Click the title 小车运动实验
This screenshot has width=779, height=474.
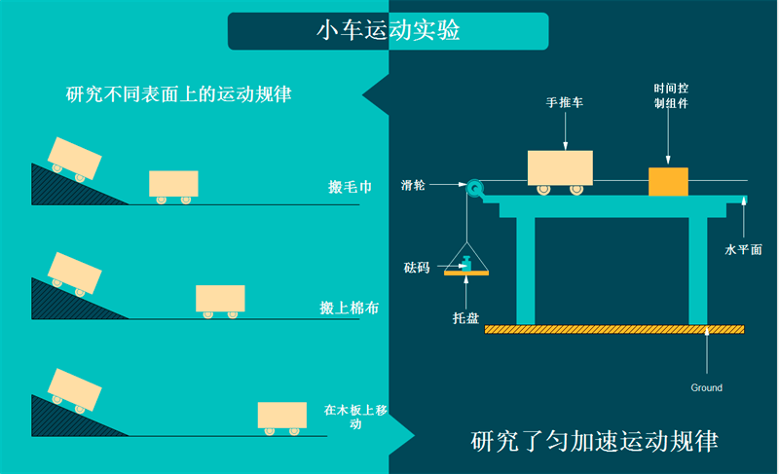[388, 30]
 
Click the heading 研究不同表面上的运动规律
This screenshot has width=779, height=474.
[179, 94]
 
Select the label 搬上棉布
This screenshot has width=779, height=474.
[350, 308]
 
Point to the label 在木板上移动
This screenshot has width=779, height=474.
[355, 417]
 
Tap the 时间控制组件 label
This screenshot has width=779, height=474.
[670, 96]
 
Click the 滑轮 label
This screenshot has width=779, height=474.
[413, 184]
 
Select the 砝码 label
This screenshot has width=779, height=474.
[416, 267]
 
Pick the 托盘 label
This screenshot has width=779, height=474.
[465, 317]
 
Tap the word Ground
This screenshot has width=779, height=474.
[707, 387]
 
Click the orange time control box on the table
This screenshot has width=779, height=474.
[668, 181]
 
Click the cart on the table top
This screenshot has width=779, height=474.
[560, 170]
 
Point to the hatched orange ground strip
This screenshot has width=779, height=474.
[613, 329]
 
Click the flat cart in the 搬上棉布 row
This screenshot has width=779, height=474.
[220, 299]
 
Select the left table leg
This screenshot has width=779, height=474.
[526, 269]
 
